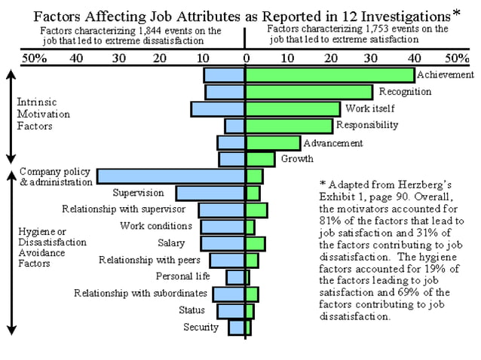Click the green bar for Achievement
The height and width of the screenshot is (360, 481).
329,75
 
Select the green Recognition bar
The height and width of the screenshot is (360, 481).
309,92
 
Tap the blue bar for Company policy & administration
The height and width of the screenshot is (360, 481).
170,177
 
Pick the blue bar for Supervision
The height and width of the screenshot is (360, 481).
210,194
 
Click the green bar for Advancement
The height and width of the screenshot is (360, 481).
273,142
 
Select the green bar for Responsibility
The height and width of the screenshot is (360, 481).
289,126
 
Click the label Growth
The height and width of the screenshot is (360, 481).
297,159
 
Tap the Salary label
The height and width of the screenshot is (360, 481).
170,243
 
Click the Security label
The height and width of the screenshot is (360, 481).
201,327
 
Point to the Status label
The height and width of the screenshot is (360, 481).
191,310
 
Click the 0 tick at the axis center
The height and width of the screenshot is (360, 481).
245,57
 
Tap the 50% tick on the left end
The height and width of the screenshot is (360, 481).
35,57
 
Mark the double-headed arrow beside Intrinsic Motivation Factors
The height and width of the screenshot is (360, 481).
11,116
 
